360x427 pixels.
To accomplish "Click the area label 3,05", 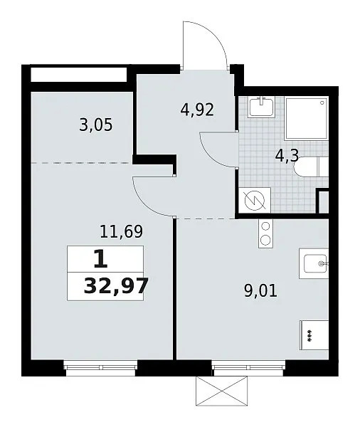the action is (95, 126).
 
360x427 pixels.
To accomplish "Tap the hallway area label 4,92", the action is (197, 110).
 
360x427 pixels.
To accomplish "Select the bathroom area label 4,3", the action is (287, 157).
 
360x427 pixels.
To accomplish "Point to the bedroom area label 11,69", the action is (121, 232).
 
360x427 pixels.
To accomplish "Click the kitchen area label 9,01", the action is (260, 291).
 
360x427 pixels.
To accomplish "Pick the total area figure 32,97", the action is (116, 286).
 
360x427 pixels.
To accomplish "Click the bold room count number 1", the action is (101, 259).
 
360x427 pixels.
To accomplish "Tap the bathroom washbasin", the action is (261, 107).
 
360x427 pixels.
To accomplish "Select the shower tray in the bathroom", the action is (307, 118).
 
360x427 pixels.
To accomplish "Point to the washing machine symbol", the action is (255, 200).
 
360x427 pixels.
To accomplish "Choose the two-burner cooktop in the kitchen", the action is (265, 233).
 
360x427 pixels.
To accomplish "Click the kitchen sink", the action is (314, 263).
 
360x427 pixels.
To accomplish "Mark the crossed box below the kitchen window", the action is (222, 391).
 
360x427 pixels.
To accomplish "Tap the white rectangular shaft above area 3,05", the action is (79, 74).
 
